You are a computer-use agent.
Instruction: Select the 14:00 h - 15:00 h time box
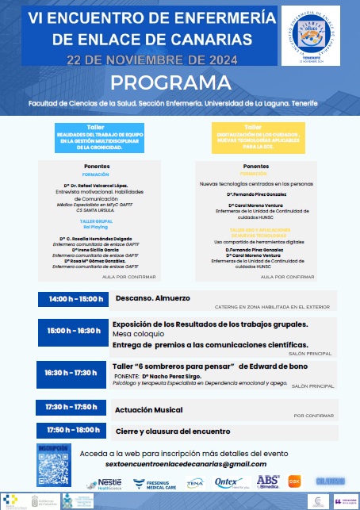pyautogui.click(x=70, y=299)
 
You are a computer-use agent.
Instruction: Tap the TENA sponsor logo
pyautogui.click(x=194, y=482)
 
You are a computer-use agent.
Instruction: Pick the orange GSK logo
pyautogui.click(x=295, y=481)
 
